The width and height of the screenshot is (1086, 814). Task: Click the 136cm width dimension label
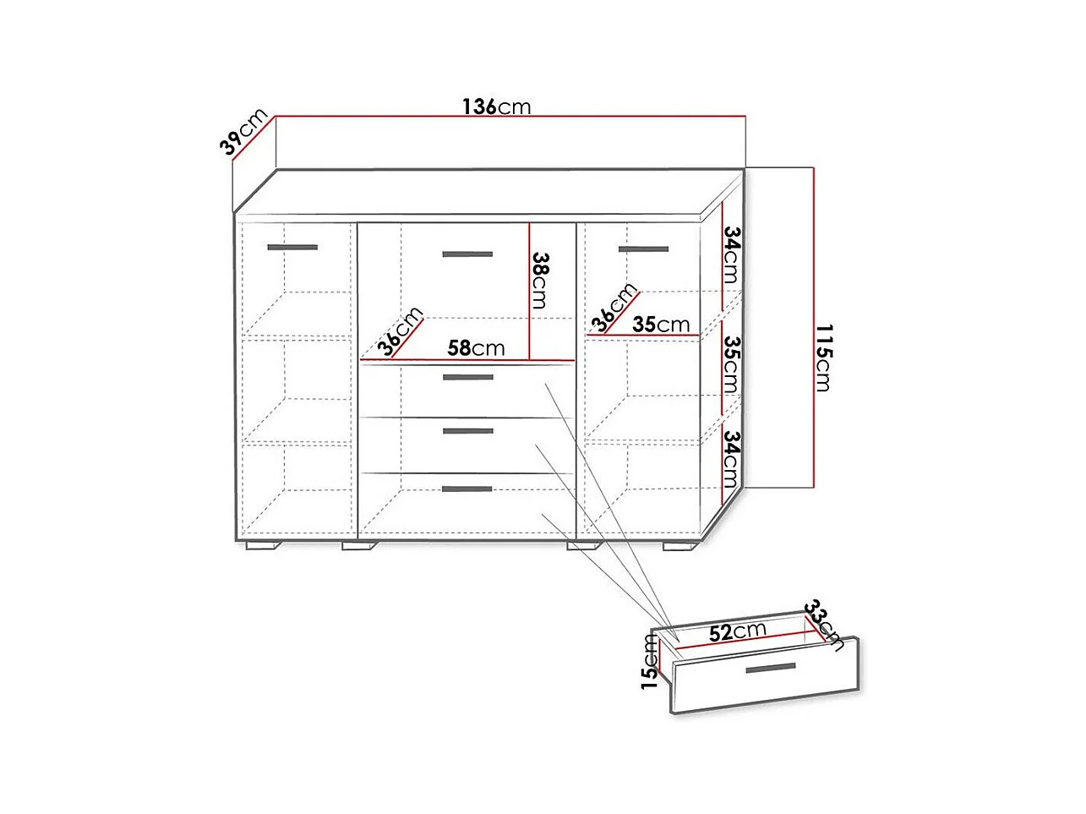coord(496,107)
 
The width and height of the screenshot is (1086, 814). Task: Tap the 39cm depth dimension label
coord(243,131)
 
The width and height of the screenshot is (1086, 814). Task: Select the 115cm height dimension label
coord(824,358)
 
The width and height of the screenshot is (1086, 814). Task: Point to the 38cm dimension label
coord(540,280)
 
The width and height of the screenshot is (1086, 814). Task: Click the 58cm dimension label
coord(476,348)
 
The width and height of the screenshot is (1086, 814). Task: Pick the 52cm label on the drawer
coord(738,631)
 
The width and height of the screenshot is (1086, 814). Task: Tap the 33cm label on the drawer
coord(824,626)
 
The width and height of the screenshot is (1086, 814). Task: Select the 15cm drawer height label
coord(650,661)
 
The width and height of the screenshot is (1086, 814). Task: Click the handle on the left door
coord(292,248)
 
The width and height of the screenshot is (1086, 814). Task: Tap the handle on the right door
coord(643,249)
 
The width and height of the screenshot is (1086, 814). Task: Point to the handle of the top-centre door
coord(467,254)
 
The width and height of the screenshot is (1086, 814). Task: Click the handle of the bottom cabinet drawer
coord(467,489)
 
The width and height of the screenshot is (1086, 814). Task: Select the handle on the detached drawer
coord(771,668)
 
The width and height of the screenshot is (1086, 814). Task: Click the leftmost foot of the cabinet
coord(264,546)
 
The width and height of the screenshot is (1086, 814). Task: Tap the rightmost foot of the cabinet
coord(681,546)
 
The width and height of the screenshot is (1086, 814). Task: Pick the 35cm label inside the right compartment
coord(661,325)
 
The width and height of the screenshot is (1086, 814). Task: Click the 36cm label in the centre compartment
coord(400,331)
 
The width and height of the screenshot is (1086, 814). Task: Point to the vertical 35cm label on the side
coord(732,365)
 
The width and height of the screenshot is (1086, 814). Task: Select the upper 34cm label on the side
coord(732,254)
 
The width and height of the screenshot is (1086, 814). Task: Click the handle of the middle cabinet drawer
coord(468,431)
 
